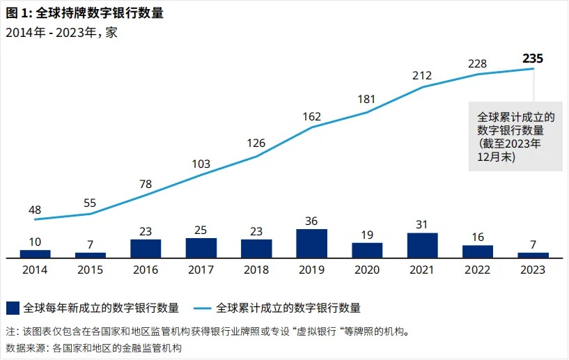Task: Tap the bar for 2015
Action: click(91, 255)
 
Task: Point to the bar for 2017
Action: click(201, 248)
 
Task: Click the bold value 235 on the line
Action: click(533, 58)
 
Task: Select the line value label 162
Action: click(311, 116)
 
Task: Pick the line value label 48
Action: click(36, 210)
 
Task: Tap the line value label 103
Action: click(201, 164)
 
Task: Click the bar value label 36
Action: click(311, 221)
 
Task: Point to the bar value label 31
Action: click(422, 224)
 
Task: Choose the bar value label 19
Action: click(367, 235)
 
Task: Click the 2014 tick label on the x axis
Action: click(36, 269)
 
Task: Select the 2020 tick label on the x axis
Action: click(367, 269)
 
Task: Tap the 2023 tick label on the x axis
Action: click(533, 269)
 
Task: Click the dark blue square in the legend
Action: click(12, 307)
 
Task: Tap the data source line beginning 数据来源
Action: click(93, 347)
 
